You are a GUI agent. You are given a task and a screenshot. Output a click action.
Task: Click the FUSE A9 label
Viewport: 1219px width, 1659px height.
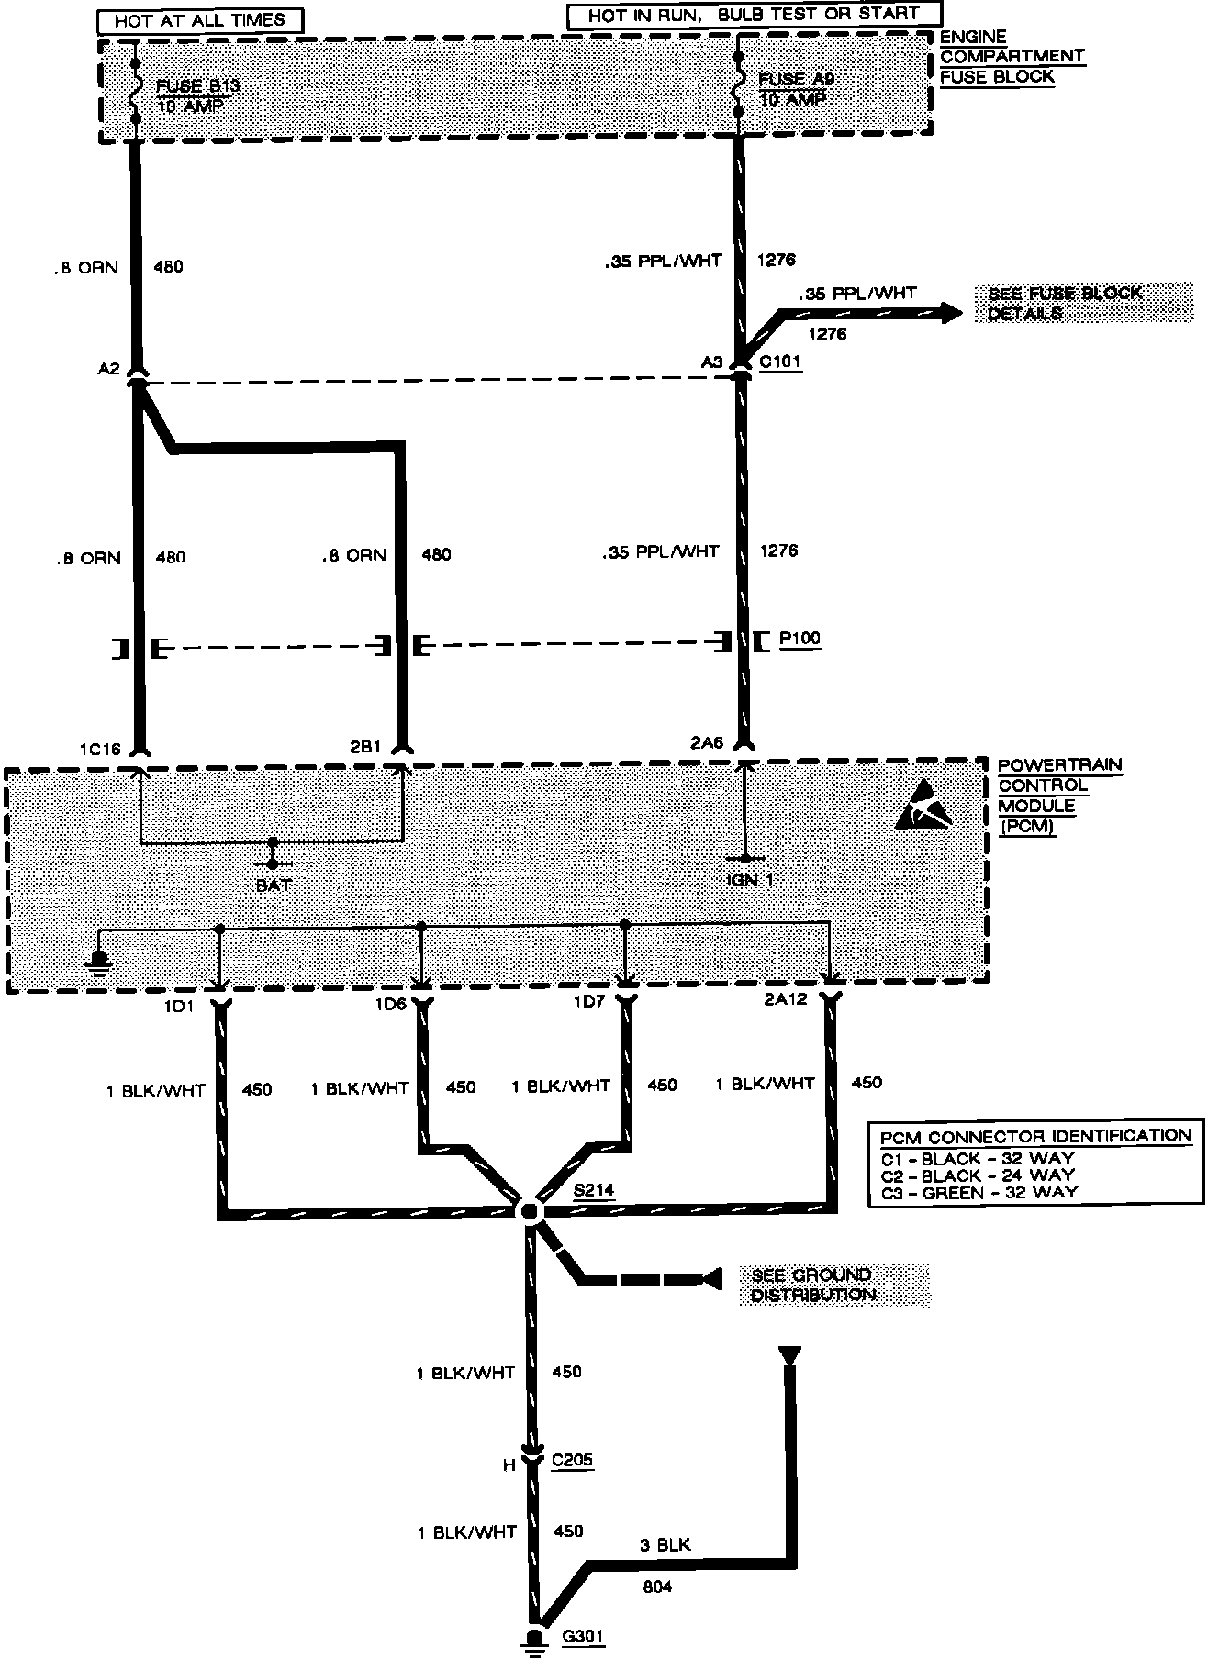[797, 81]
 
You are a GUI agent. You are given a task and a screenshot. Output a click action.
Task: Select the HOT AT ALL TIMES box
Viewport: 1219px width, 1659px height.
[199, 19]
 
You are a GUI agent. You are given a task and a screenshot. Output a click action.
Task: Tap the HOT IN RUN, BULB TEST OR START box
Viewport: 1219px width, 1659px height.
[755, 16]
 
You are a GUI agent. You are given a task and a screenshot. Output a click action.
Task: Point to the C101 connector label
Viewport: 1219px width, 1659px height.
[780, 362]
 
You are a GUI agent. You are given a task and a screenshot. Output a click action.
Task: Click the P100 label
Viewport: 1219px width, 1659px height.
[799, 639]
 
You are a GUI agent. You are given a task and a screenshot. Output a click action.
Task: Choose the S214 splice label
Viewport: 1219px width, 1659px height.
[593, 1191]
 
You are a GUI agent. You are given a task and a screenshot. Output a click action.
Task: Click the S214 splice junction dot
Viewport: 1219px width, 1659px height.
[531, 1211]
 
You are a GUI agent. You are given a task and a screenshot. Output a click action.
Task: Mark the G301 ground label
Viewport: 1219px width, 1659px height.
[585, 1636]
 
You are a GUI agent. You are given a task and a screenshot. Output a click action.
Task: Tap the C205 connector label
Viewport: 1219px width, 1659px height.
[573, 1459]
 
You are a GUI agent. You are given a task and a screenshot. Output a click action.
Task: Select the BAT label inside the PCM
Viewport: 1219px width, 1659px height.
[273, 885]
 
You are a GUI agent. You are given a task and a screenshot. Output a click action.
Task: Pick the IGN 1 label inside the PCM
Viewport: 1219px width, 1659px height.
[749, 879]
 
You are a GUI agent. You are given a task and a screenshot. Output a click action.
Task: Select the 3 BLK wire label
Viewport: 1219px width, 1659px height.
[664, 1544]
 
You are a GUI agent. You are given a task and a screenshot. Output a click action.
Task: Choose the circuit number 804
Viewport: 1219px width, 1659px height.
[657, 1586]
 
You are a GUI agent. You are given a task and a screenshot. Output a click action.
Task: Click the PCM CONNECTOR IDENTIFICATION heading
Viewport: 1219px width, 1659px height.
[1035, 1136]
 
